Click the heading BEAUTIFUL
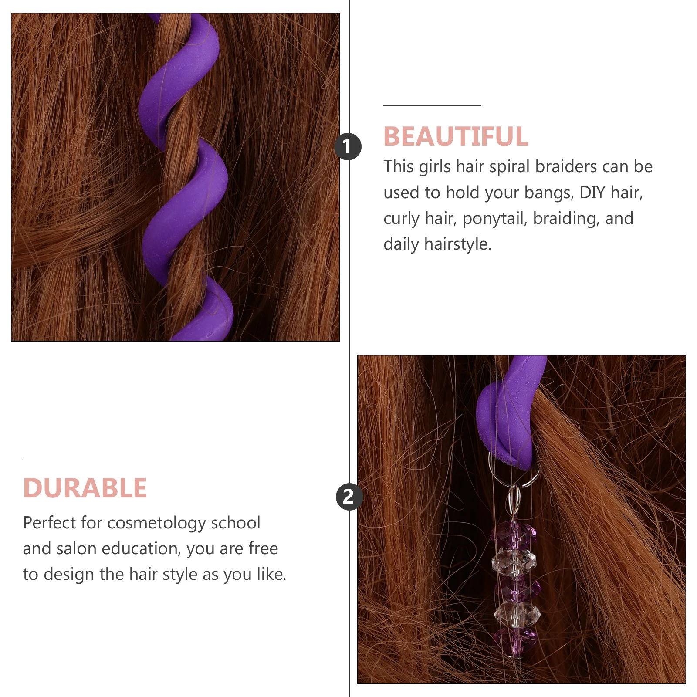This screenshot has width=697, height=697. pos(456,136)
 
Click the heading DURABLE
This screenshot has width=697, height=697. pos(85,488)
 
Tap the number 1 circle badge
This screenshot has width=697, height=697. pos(348,146)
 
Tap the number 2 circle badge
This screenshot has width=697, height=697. pos(349,497)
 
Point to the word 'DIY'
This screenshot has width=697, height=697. pos(592,193)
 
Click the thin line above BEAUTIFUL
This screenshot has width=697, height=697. pos(432,105)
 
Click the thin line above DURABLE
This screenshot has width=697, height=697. pos(74,457)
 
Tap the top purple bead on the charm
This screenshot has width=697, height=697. pos(513,532)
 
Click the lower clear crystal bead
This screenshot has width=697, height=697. pos(517,613)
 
